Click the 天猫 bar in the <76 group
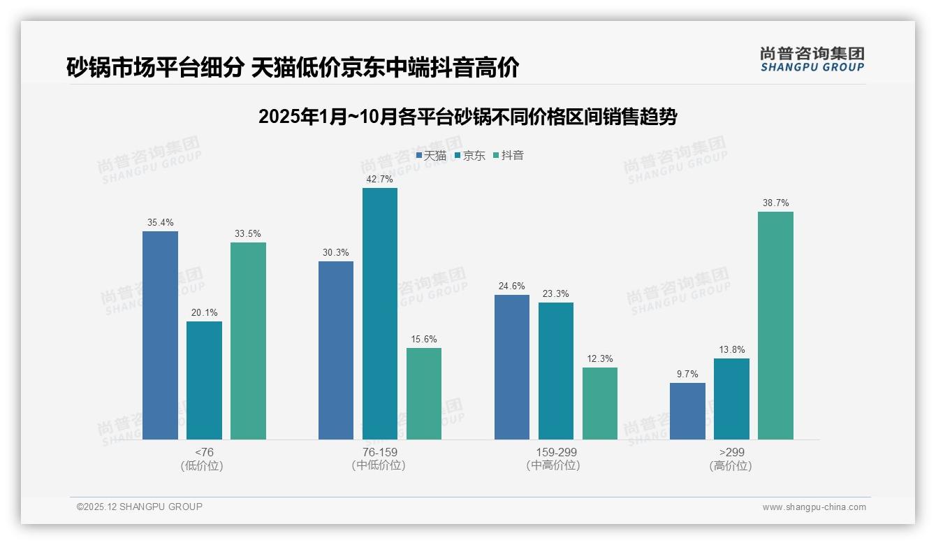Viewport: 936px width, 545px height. tap(160, 335)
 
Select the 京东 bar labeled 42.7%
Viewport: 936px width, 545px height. tap(379, 314)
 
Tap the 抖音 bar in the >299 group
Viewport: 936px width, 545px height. tap(775, 326)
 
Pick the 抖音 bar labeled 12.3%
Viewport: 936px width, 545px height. tap(600, 403)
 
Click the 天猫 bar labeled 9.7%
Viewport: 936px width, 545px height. tap(687, 411)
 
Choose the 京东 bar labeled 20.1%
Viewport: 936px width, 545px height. tap(204, 380)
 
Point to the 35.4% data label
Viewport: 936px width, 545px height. tap(160, 223)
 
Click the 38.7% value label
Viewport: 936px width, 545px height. tap(775, 203)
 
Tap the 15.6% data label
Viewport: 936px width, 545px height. tap(424, 340)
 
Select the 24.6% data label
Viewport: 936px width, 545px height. tap(512, 286)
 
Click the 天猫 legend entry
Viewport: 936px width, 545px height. tap(431, 156)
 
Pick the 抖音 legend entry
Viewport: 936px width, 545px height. tap(509, 156)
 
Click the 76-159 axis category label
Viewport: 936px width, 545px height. tap(379, 452)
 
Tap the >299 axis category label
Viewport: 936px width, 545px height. tap(731, 452)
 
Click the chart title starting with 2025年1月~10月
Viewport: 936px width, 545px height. tap(467, 117)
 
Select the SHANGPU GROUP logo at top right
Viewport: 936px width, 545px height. tap(812, 59)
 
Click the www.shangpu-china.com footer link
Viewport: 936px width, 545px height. tap(814, 507)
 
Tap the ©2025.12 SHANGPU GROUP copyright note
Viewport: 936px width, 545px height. tap(140, 507)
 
